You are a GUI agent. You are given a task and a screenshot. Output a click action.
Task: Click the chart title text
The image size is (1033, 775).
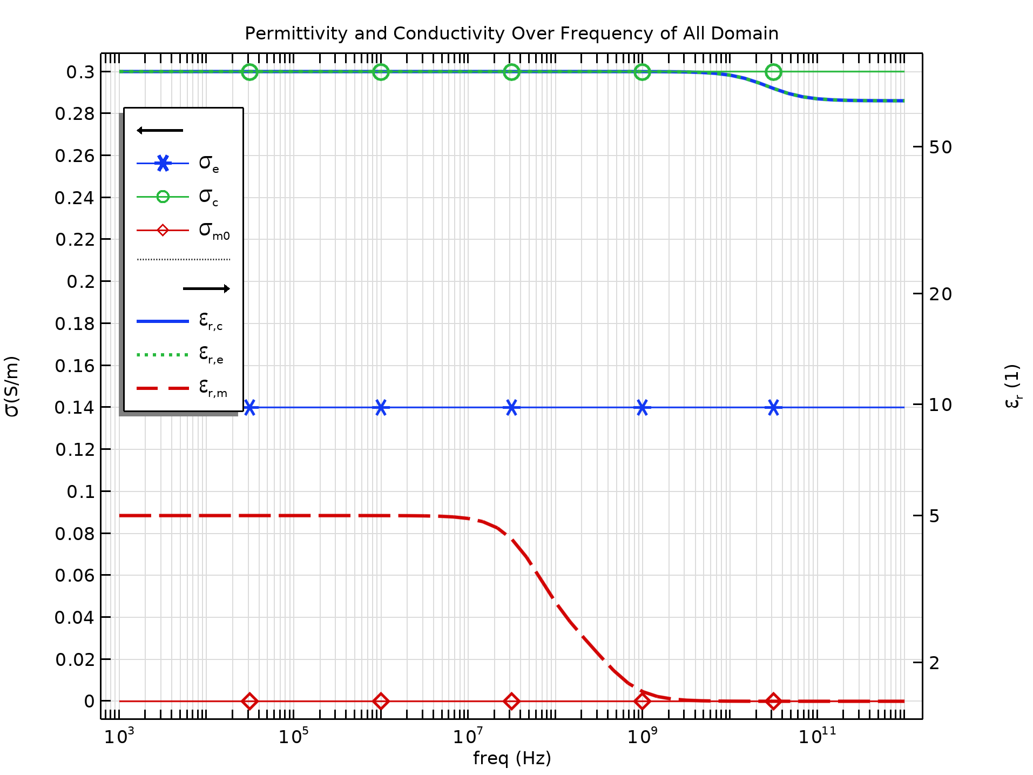(x=511, y=33)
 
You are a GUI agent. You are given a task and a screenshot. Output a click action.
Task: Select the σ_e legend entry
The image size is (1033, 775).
(x=178, y=163)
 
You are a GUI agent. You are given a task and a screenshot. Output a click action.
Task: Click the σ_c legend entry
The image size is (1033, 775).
(x=178, y=197)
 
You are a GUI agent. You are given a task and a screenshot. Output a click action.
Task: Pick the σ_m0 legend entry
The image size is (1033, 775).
(x=184, y=231)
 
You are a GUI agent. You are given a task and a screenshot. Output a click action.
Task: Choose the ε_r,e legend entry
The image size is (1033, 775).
(x=180, y=354)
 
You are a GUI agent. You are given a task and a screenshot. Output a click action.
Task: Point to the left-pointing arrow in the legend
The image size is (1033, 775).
(x=160, y=130)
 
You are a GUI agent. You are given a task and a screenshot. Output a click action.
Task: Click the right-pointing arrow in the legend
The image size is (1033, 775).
(x=206, y=288)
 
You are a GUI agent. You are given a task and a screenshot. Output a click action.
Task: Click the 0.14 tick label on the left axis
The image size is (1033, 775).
(x=75, y=407)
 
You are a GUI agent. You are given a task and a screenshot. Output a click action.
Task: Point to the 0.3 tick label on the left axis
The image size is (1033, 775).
(x=80, y=72)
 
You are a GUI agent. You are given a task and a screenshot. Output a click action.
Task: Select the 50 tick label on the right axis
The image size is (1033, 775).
(x=940, y=147)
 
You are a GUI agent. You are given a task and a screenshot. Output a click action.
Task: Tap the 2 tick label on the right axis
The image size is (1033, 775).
(x=934, y=663)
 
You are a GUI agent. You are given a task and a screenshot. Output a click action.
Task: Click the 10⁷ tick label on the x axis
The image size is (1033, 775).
(x=468, y=736)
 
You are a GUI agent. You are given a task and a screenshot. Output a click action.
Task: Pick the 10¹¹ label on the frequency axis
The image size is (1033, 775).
(x=816, y=736)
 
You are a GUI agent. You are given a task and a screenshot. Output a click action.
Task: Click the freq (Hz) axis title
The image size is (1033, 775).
(x=512, y=758)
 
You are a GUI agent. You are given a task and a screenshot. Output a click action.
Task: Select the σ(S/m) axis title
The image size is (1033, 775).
(x=12, y=386)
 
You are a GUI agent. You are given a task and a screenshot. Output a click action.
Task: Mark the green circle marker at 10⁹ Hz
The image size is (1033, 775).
(x=642, y=72)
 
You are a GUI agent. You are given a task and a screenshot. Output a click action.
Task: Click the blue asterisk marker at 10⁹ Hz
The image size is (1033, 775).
(x=642, y=407)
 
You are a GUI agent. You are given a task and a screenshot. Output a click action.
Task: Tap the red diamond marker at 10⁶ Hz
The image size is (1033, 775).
(x=381, y=701)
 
